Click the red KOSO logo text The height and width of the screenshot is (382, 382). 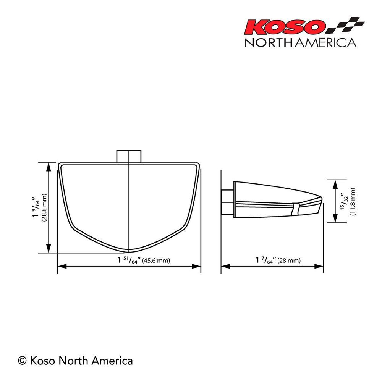[285, 27]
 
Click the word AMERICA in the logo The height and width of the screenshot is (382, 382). [324, 42]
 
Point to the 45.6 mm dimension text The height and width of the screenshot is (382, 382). [156, 261]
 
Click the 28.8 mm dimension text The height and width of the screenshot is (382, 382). [44, 208]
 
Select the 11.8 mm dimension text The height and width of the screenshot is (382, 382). [353, 202]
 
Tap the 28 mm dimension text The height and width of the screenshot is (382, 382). [289, 261]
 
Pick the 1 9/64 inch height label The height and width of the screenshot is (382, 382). [36, 208]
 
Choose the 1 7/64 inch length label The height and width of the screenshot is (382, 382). [265, 261]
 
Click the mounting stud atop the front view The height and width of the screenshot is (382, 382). [129, 156]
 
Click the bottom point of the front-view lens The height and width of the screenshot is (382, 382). [129, 252]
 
